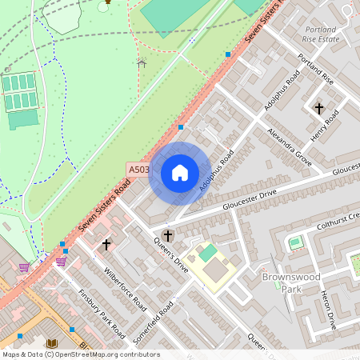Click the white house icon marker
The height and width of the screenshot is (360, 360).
click(x=180, y=173)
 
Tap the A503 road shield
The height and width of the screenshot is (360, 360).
click(x=138, y=170)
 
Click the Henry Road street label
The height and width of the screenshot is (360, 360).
click(x=326, y=124)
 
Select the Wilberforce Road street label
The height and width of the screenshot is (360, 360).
click(x=126, y=288)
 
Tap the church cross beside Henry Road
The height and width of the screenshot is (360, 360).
click(x=319, y=107)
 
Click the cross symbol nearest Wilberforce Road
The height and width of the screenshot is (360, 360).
click(x=106, y=243)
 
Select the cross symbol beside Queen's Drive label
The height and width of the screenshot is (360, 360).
click(x=167, y=236)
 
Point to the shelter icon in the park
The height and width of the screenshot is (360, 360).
click(x=142, y=62)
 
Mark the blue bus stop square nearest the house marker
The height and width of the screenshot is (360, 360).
click(x=181, y=127)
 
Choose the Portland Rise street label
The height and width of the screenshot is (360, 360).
click(x=315, y=69)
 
